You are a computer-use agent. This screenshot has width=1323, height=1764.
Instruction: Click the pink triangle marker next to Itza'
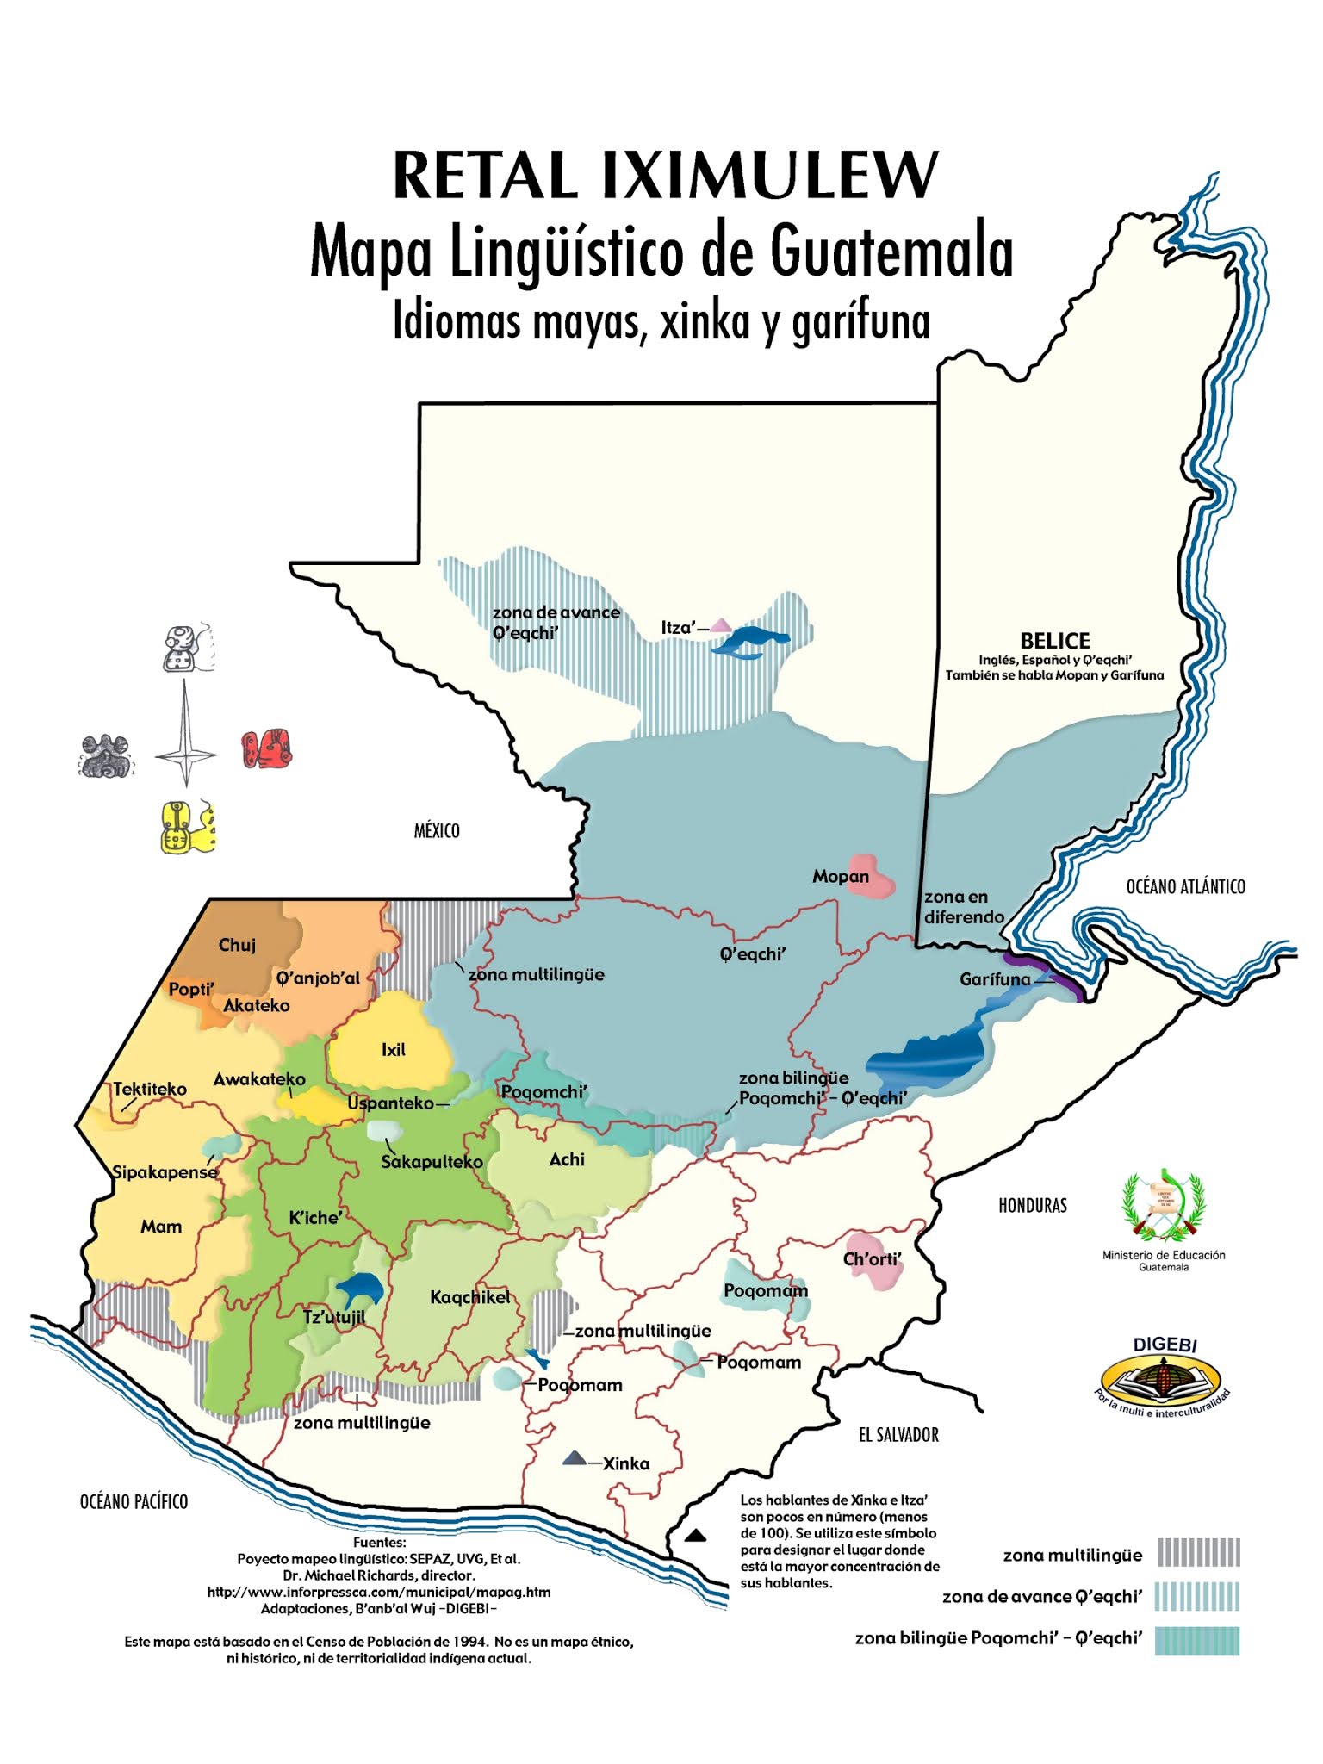(x=720, y=625)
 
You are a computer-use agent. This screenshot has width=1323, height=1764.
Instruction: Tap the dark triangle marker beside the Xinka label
(x=574, y=1459)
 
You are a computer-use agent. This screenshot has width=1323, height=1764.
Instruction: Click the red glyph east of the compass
(x=267, y=749)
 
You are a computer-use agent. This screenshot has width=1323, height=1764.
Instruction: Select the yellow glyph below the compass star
(x=187, y=828)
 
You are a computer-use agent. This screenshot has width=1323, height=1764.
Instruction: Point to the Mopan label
(x=841, y=877)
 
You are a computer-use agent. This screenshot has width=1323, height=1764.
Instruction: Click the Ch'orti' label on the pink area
(x=872, y=1258)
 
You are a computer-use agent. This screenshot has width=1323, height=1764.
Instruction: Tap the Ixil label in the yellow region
(x=393, y=1049)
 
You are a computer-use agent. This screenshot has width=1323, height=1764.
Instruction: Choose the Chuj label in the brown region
(x=237, y=945)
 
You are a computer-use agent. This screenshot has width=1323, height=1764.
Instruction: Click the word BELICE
(x=1054, y=641)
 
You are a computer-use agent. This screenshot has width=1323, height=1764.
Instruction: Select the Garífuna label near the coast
(x=995, y=979)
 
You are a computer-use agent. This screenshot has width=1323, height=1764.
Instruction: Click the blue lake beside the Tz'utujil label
(x=359, y=1289)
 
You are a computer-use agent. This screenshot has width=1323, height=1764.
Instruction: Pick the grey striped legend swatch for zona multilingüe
(x=1198, y=1552)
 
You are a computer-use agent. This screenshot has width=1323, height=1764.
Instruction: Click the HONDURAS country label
(x=1032, y=1206)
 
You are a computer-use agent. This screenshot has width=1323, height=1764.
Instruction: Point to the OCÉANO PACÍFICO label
(x=134, y=1502)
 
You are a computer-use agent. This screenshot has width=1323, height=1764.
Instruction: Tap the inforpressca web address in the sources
(x=379, y=1592)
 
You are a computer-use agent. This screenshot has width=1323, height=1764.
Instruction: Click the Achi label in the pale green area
(x=567, y=1159)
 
